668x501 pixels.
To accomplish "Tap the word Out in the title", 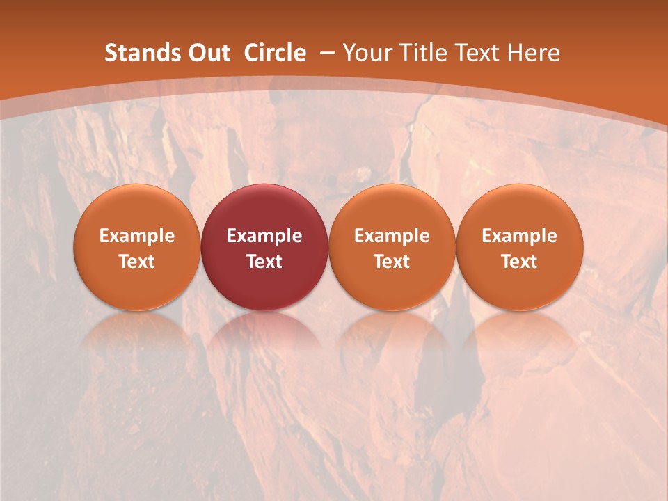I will (x=208, y=53).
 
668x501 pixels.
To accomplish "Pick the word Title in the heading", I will (x=423, y=53).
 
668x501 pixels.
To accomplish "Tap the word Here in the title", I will (x=534, y=53).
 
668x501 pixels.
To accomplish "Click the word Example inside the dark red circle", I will (x=264, y=236).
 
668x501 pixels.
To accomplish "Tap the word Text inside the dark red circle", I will (x=264, y=262).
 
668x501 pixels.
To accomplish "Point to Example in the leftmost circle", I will (x=137, y=236).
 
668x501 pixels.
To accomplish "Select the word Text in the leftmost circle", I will (x=137, y=262).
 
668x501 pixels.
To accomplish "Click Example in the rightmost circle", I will (x=520, y=236).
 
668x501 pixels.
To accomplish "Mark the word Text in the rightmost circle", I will (x=520, y=262).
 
